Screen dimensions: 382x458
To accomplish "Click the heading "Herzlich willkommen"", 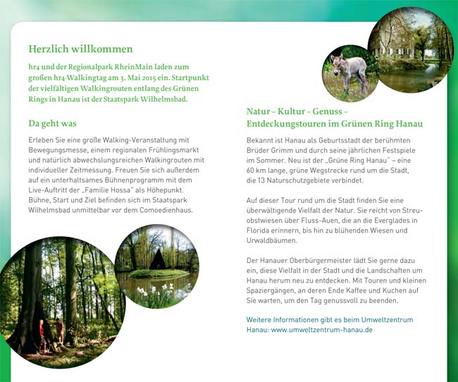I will (x=80, y=49).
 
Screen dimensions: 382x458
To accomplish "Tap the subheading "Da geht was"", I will (x=52, y=123).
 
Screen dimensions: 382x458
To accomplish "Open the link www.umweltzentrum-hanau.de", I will (x=322, y=330).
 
